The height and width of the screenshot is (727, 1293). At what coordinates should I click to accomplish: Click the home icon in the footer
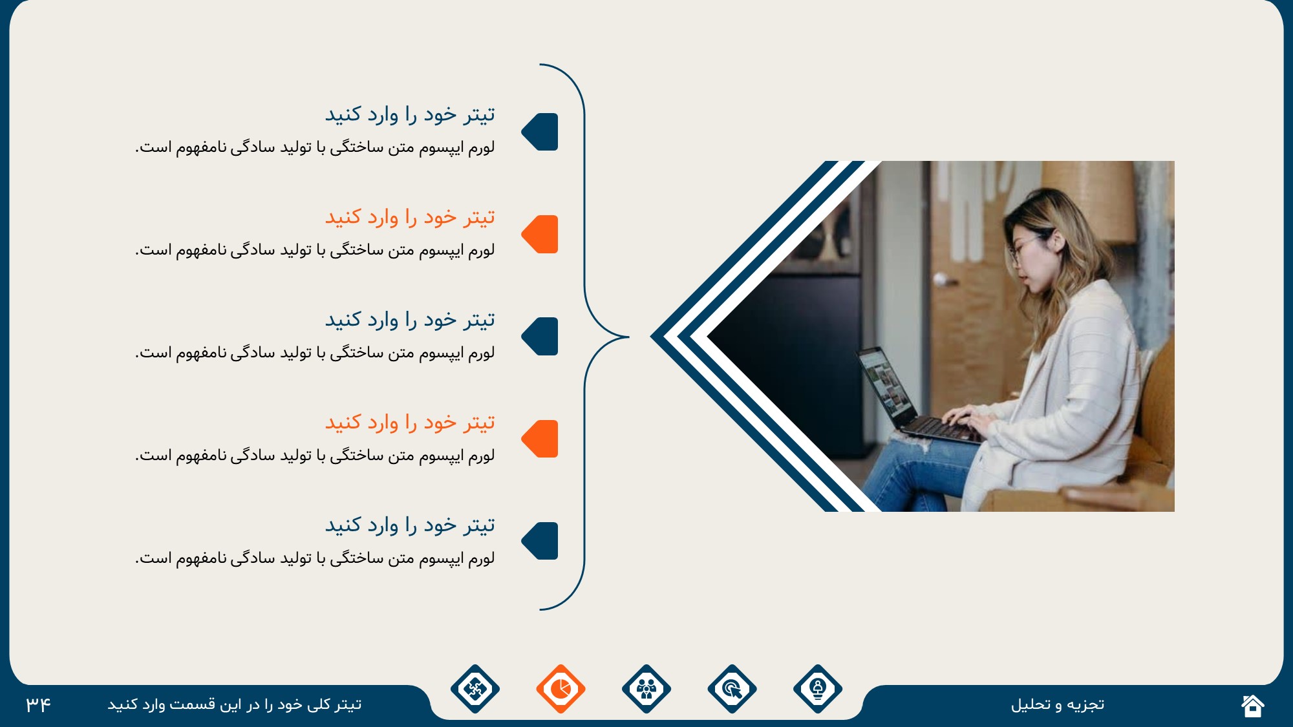coord(1252,706)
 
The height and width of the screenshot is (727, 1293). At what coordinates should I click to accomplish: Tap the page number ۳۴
coord(38,704)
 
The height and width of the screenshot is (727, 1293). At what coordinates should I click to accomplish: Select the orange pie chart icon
coord(561,689)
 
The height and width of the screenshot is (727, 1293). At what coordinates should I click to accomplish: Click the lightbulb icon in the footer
coord(818,689)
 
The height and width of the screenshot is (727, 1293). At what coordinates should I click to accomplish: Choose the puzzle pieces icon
coord(475,689)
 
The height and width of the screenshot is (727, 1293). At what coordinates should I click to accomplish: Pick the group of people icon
coord(646,689)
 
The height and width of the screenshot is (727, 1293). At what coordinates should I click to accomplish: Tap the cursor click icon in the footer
coord(732,689)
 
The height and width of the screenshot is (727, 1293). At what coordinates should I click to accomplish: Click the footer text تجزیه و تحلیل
coord(1058,704)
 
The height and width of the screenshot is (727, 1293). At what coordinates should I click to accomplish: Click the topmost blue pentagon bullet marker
coord(540,132)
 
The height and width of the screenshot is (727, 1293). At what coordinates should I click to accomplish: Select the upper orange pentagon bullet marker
coord(540,234)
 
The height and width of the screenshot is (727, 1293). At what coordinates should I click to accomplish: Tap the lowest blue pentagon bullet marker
coord(540,541)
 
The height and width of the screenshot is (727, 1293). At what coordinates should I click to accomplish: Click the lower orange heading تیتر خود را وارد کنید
coord(410,423)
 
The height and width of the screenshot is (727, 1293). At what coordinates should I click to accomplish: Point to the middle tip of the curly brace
coord(628,337)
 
